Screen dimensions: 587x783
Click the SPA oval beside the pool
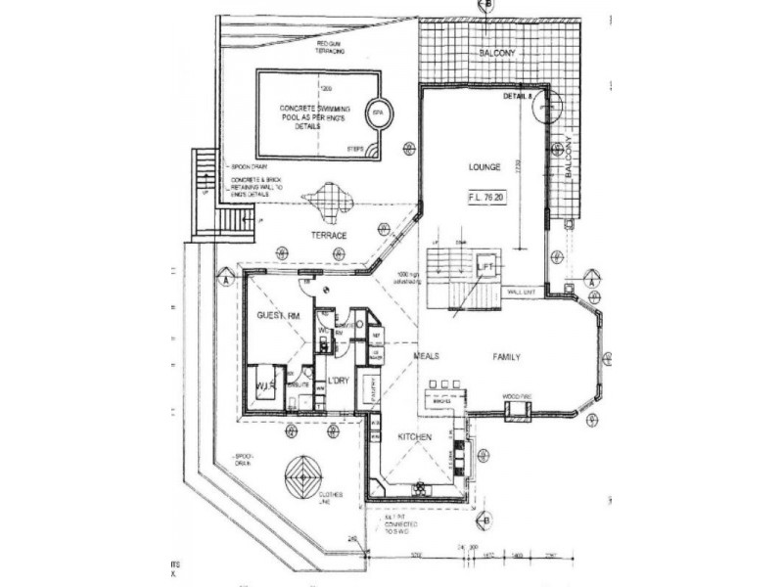tap(378, 113)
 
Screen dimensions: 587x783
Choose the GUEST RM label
tap(277, 316)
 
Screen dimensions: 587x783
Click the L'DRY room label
tap(338, 381)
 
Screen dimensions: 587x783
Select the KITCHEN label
tap(414, 436)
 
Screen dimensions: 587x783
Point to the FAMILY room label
tap(505, 357)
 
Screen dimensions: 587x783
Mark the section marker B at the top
tap(486, 6)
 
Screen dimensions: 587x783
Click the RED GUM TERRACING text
tap(330, 49)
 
